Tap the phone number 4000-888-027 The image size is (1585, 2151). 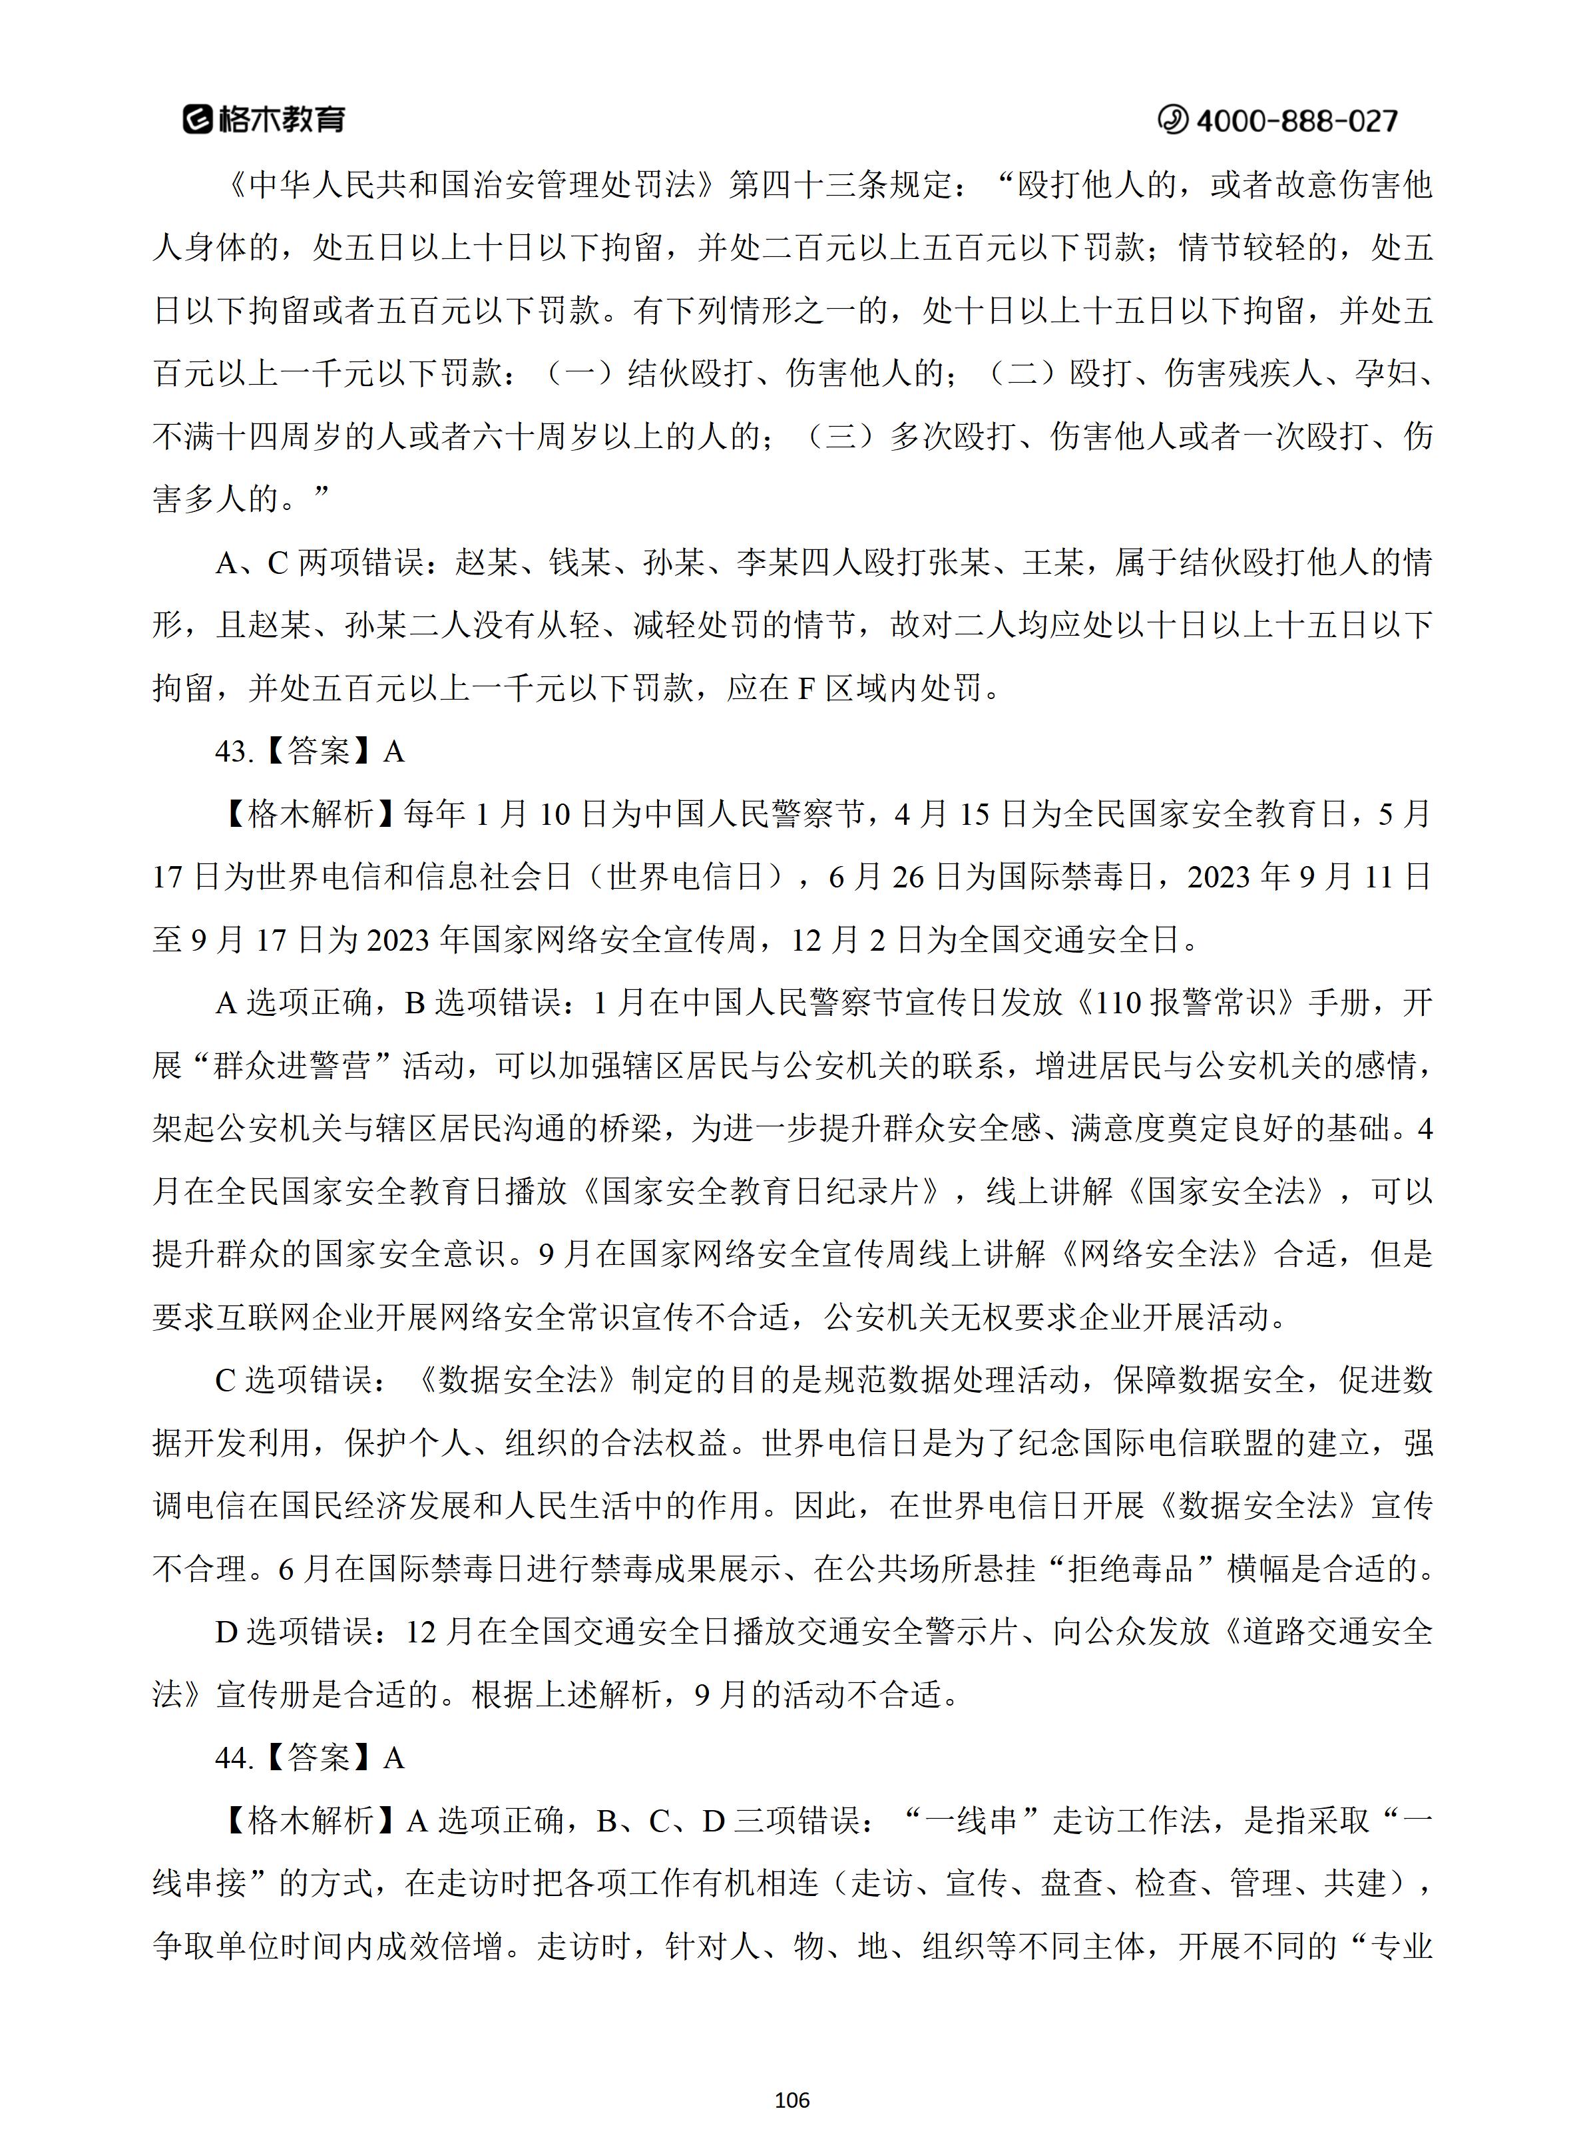(1297, 120)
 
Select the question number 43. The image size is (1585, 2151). (233, 751)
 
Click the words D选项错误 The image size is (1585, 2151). (293, 1632)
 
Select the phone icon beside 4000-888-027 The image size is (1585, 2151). (1172, 120)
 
